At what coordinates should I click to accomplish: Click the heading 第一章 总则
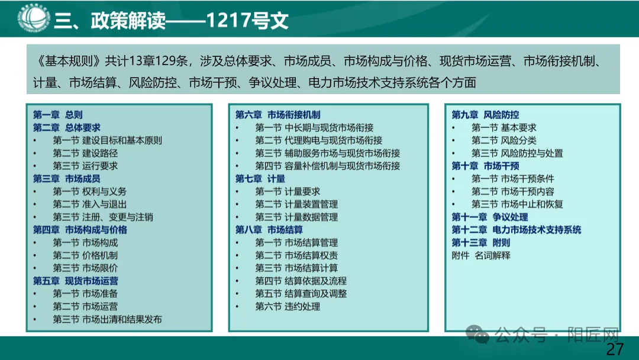[x=57, y=115]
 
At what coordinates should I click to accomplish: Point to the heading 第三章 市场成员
[x=66, y=179]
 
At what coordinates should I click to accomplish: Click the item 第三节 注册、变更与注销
[x=103, y=217]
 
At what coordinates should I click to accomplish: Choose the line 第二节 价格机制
[x=85, y=255]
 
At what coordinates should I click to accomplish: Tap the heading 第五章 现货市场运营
[x=75, y=281]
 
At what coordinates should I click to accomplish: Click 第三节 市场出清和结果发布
[x=107, y=319]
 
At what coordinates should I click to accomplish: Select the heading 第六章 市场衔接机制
[x=277, y=115]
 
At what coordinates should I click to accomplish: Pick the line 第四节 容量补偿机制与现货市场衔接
[x=327, y=166]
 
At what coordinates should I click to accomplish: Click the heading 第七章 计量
[x=260, y=179]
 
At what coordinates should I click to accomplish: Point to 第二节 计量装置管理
[x=296, y=204]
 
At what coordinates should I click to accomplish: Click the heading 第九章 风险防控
[x=485, y=115]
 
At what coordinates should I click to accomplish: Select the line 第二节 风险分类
[x=504, y=140]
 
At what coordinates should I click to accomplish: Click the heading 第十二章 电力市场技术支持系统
[x=516, y=230]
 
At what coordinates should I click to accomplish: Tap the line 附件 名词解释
[x=480, y=255]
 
